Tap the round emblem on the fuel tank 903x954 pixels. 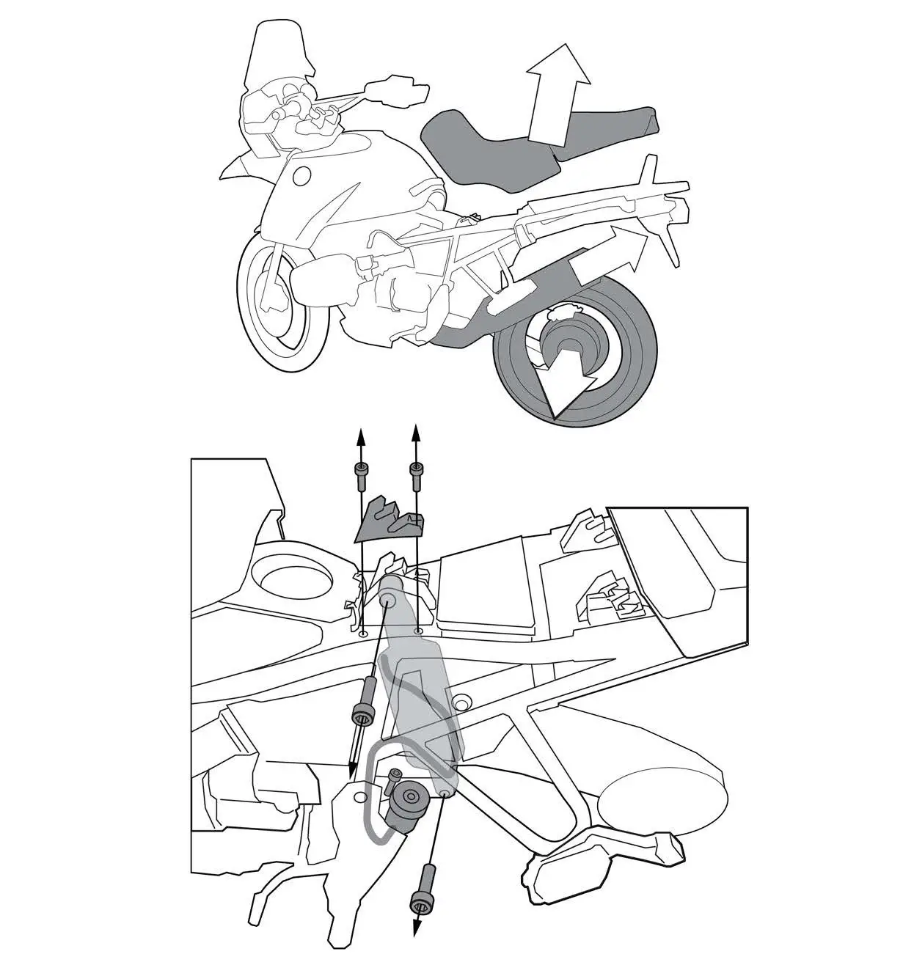pyautogui.click(x=301, y=175)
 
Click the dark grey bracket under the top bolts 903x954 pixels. pyautogui.click(x=389, y=519)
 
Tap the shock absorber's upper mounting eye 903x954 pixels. pyautogui.click(x=389, y=598)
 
